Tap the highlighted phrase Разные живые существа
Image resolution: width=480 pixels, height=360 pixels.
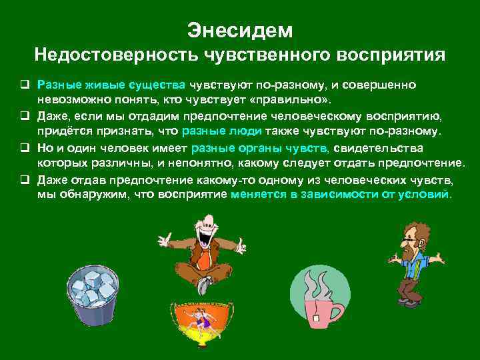(112, 86)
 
